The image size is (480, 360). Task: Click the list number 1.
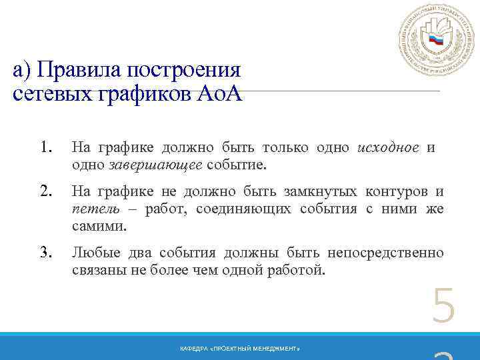(x=45, y=147)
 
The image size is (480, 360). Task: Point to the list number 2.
(x=45, y=191)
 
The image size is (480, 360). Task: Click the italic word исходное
(x=388, y=147)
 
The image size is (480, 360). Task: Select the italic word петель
(x=92, y=209)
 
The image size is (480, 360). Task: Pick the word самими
(x=98, y=227)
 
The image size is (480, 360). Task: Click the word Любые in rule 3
(x=97, y=253)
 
